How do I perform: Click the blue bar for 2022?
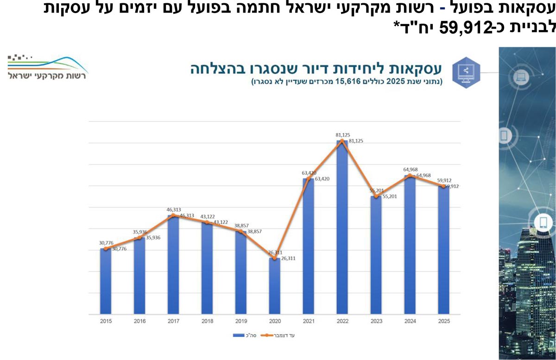342,227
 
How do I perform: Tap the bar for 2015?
106,281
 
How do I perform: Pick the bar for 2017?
173,265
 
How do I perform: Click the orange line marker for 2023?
376,196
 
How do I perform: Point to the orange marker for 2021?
308,178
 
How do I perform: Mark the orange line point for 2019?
240,231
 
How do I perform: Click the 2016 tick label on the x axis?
139,321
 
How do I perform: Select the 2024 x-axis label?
410,321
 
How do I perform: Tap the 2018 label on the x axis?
207,321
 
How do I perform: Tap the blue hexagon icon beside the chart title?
466,71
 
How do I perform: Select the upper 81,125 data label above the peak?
342,135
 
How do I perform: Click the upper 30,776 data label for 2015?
106,242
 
